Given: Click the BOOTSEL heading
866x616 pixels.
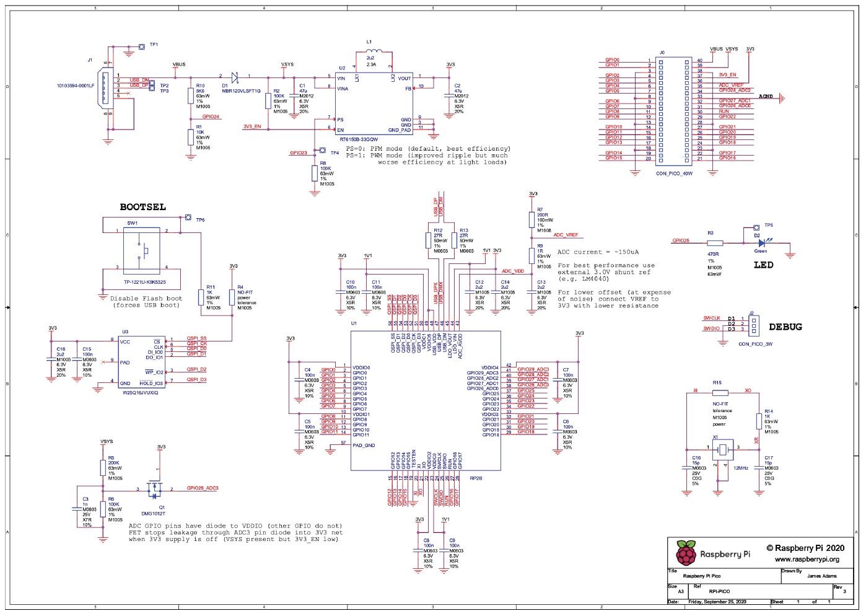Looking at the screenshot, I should pos(142,207).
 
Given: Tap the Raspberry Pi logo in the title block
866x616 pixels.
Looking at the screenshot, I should pos(684,553).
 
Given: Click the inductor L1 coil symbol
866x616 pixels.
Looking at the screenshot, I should pos(374,52).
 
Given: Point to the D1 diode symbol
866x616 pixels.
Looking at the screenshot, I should pos(235,77).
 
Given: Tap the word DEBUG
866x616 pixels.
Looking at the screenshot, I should pos(785,327).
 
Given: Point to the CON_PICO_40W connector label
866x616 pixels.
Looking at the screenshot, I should pos(673,174).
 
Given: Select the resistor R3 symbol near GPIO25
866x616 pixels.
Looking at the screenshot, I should pos(715,244).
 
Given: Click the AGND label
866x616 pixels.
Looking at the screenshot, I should pos(766,97).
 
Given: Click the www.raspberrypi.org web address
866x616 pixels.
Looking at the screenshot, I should pos(807,559).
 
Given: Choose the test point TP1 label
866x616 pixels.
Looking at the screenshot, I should pos(154,45).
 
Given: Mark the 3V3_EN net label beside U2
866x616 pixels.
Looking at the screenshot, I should pos(252,126).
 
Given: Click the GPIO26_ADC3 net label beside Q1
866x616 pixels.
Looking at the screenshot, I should pos(203,488).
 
